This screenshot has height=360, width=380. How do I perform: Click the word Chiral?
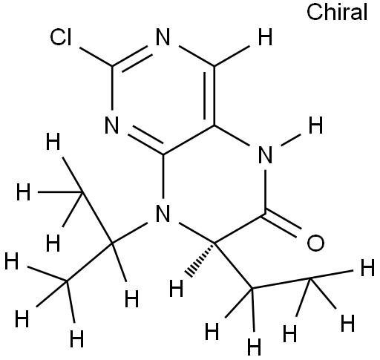click(337, 13)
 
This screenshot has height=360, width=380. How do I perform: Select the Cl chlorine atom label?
click(61, 37)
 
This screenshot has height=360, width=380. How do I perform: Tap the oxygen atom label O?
click(315, 243)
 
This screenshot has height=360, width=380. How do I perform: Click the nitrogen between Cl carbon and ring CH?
click(163, 37)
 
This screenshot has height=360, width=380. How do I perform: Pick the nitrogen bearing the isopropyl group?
click(163, 213)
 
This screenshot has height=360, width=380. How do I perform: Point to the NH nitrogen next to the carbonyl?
click(265, 154)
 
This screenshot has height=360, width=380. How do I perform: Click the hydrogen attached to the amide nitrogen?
click(315, 125)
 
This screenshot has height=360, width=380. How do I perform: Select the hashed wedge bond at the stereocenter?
click(201, 260)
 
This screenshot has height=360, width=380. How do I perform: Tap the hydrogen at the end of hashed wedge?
click(176, 288)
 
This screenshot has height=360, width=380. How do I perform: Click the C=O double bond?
click(283, 224)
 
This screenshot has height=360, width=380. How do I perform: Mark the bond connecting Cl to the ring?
click(96, 57)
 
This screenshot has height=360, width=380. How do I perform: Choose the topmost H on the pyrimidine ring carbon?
click(265, 37)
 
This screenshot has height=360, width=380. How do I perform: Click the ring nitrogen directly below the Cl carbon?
click(112, 125)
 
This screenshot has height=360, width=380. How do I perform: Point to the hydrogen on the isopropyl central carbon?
click(131, 298)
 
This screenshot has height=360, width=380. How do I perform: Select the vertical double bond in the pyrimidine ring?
click(210, 96)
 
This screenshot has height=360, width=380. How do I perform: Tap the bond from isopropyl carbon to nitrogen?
click(129, 233)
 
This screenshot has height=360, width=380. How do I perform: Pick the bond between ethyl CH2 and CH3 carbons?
click(281, 284)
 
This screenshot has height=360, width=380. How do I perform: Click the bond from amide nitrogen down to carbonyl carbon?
click(265, 192)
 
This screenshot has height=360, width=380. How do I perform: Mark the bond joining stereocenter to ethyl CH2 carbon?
click(233, 266)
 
